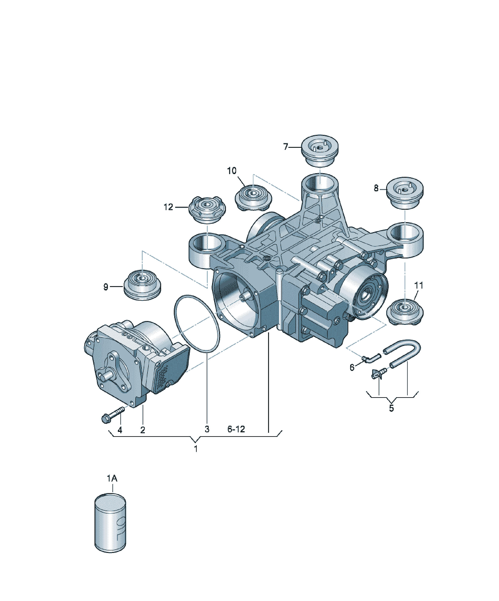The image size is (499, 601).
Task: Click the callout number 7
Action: (286, 147)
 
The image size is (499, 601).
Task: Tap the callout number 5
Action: (391, 408)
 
